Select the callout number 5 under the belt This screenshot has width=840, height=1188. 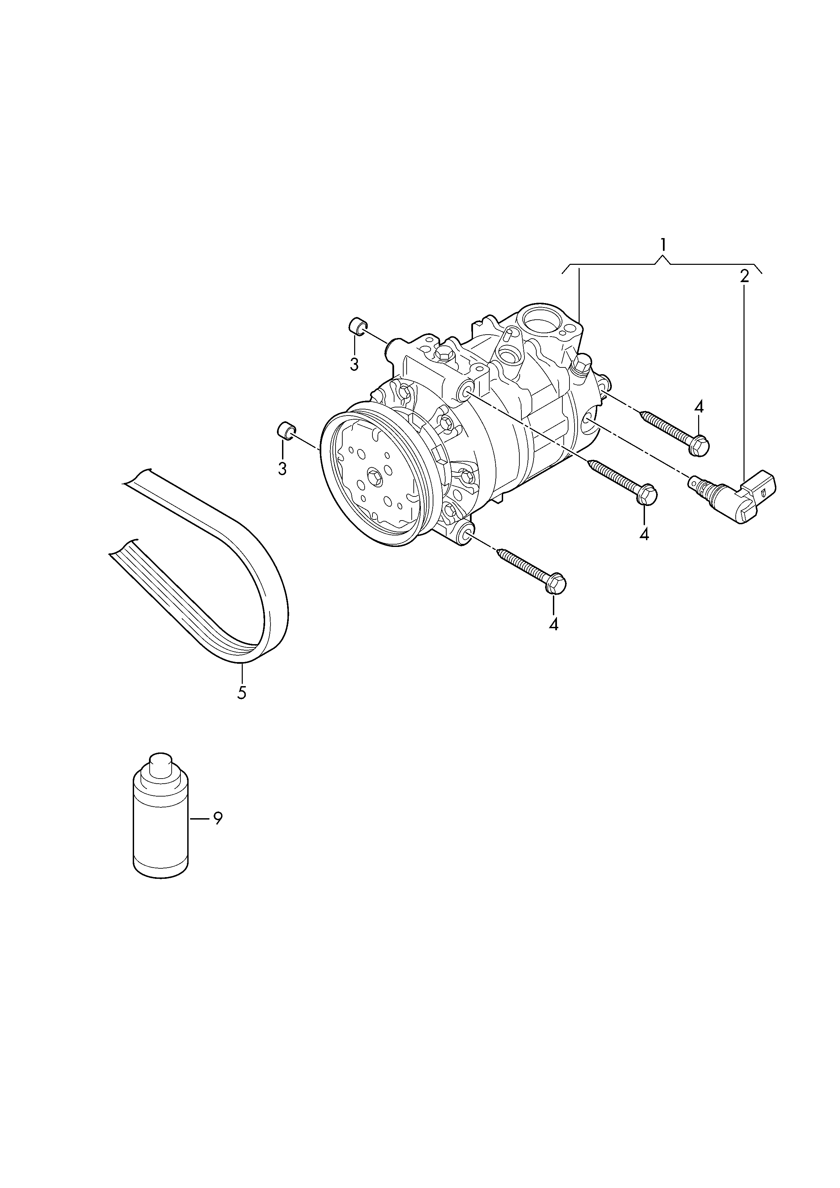[x=241, y=693]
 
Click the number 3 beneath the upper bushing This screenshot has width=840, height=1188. [x=354, y=364]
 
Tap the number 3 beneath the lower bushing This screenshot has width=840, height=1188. [x=282, y=468]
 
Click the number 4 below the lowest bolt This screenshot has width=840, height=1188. [x=554, y=624]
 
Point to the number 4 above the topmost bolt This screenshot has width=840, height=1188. [x=699, y=407]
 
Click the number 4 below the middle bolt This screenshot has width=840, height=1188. [x=644, y=533]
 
